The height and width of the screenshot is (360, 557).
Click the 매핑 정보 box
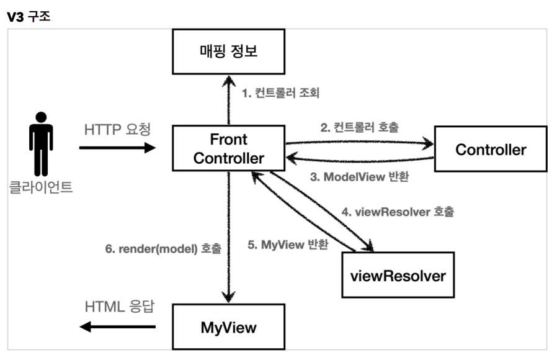[x=228, y=52]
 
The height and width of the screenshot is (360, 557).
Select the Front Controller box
[x=228, y=148]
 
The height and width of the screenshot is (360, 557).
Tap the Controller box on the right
[x=490, y=149]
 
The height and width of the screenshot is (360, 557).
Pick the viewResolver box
[x=398, y=274]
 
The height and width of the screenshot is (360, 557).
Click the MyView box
[x=228, y=326]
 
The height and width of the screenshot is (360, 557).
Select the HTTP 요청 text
[x=117, y=130]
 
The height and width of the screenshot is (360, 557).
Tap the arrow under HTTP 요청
[x=117, y=148]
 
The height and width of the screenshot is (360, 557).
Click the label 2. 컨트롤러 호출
[x=360, y=128]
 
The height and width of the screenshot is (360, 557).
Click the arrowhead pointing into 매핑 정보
[x=229, y=82]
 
